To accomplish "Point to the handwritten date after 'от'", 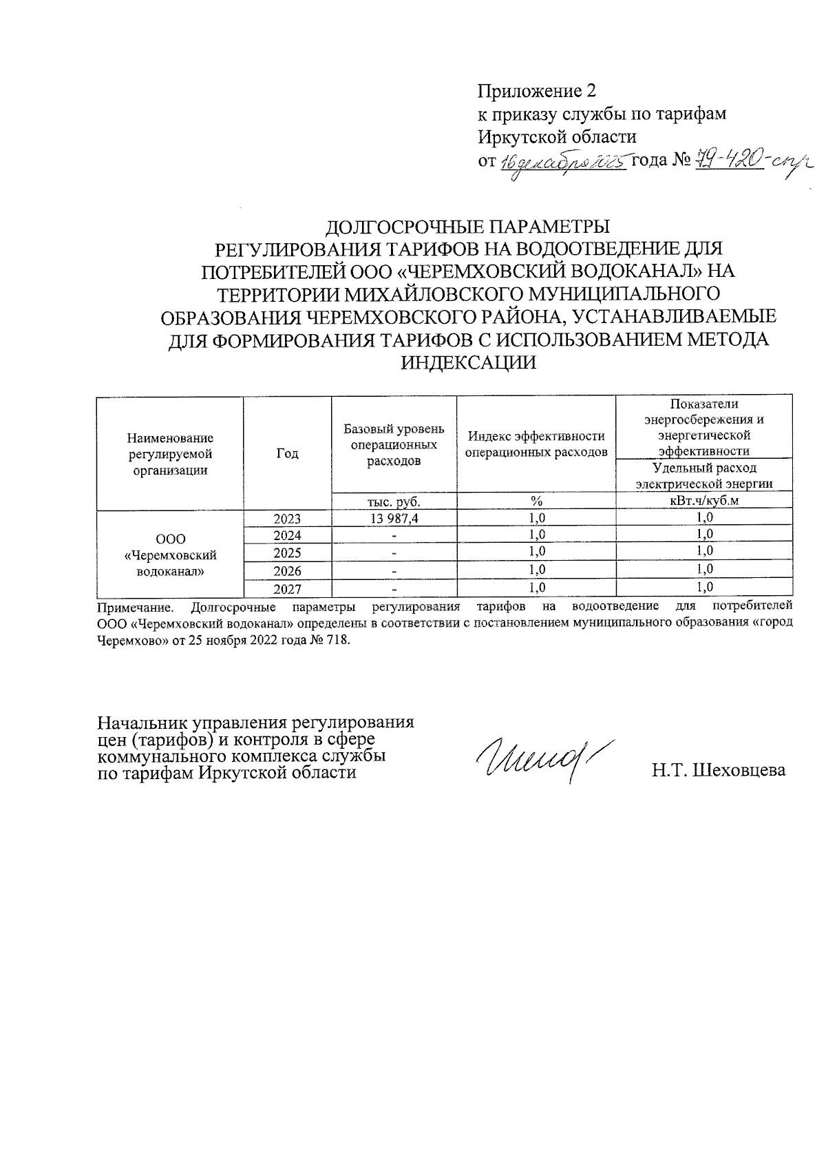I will [562, 163].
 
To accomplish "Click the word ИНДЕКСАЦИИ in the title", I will [468, 362].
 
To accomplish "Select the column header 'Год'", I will [287, 453].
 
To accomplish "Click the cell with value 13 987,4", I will [394, 518].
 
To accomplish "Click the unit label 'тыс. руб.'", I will [394, 501].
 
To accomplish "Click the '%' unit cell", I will [536, 501].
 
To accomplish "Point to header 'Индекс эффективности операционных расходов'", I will [536, 444].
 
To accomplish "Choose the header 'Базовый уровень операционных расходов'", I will [394, 445].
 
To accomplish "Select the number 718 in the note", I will [338, 639].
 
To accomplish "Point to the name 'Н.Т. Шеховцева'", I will [719, 770].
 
